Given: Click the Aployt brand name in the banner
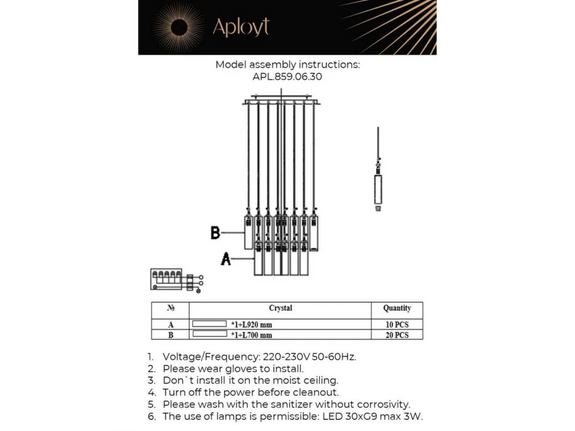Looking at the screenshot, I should tap(241, 27).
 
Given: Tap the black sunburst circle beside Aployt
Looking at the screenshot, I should tap(178, 28).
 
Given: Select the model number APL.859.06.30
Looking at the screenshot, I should tap(287, 77).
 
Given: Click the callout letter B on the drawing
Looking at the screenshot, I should tap(216, 233).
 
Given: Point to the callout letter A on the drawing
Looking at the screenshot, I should tap(226, 259).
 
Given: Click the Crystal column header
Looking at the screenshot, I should tap(280, 308).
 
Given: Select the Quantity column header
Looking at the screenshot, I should tap(397, 308).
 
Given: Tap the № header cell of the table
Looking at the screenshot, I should tap(170, 308).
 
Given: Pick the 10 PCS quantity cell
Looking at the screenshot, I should tap(397, 324).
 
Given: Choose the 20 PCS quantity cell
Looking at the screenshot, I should tap(397, 335).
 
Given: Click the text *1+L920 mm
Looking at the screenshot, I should tap(251, 325).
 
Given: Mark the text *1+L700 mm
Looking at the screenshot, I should tap(251, 335).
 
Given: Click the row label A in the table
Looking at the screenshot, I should tap(170, 324).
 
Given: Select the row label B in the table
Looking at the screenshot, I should tap(170, 335).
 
